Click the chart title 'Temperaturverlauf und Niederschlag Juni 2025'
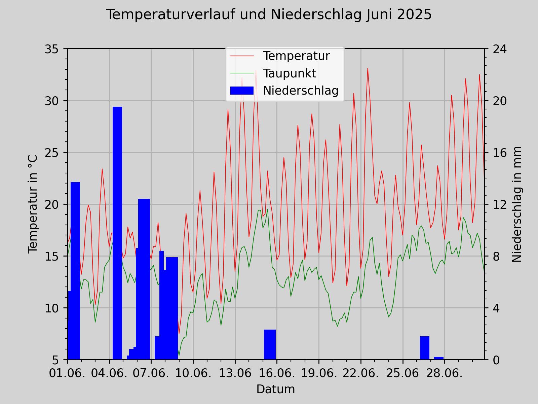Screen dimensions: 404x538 coord(269,15)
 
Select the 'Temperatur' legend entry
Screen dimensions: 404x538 coord(296,56)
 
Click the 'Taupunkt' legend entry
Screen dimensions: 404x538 coord(289,73)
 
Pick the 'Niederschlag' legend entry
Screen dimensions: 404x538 coord(300,91)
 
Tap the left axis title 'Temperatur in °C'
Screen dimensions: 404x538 coord(33,204)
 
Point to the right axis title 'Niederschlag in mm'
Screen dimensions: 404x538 coord(517,204)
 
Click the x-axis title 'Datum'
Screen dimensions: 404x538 coord(275,389)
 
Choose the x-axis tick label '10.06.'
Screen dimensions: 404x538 coord(193,373)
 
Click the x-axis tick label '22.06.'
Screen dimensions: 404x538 coord(361,373)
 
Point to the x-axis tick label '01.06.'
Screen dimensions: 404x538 coord(67,373)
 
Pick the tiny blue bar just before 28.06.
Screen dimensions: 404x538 coord(439,358)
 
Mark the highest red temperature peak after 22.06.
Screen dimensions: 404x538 coord(368,69)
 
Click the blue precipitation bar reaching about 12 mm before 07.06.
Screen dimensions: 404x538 coord(144,279)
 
